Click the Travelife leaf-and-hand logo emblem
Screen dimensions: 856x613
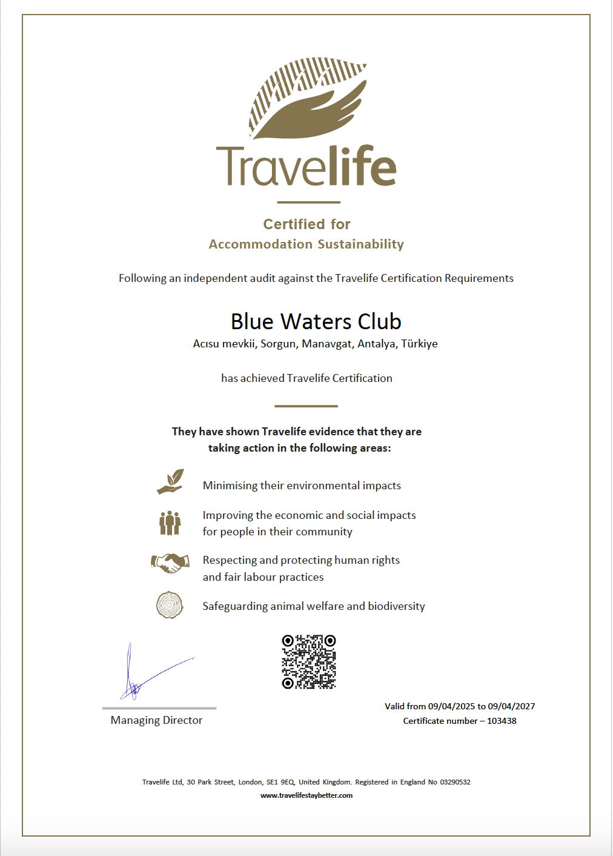[x=308, y=97]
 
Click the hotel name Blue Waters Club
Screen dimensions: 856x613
[x=316, y=321]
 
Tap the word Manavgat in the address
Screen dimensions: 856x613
[x=326, y=344]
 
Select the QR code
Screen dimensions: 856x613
[x=309, y=661]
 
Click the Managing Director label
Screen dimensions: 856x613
[x=156, y=720]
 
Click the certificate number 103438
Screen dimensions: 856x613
[x=502, y=721]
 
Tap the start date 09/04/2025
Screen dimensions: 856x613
[x=451, y=706]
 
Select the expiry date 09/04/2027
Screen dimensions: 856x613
[x=511, y=706]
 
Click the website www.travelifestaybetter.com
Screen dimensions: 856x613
[x=306, y=795]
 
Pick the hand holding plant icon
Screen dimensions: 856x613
[x=170, y=482]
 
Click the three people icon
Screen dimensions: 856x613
[x=170, y=523]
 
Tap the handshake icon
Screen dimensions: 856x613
[x=170, y=563]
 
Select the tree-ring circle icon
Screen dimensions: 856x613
[x=170, y=605]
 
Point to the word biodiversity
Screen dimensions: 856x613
[x=396, y=606]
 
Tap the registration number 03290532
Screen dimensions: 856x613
[x=455, y=782]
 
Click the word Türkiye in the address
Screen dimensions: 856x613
[x=419, y=344]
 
